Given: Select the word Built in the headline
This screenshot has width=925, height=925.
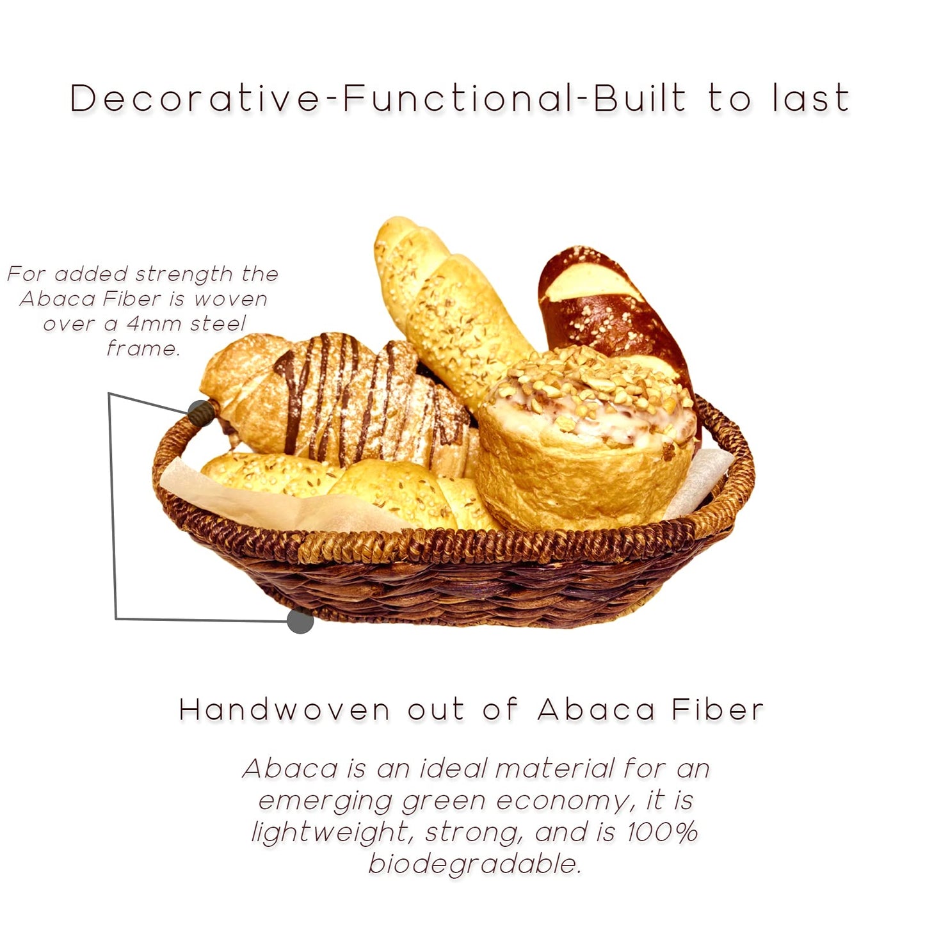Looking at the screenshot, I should [x=639, y=99].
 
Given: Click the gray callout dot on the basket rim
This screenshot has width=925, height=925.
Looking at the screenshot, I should [x=200, y=412].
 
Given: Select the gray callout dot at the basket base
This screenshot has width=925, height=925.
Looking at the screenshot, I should [x=300, y=621].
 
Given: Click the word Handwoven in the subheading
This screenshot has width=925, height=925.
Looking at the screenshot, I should [x=285, y=710].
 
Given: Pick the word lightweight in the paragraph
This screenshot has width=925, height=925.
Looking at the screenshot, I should [x=330, y=832].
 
